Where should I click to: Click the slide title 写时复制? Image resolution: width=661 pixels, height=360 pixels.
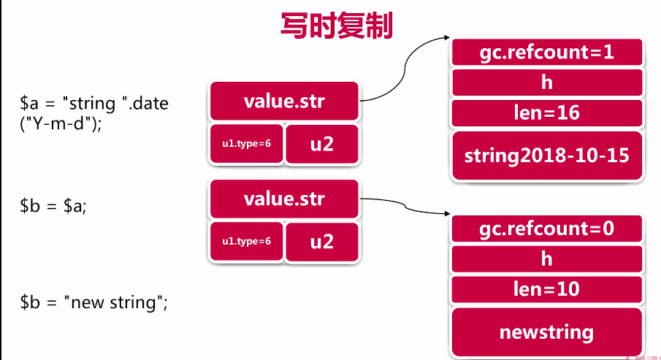pyautogui.click(x=337, y=26)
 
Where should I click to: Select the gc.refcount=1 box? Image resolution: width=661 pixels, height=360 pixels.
pyautogui.click(x=546, y=52)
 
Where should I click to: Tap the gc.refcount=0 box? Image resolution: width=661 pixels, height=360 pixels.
pyautogui.click(x=546, y=229)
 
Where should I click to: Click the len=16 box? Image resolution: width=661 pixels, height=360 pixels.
pyautogui.click(x=546, y=113)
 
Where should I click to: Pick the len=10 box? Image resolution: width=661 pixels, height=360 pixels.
pyautogui.click(x=546, y=289)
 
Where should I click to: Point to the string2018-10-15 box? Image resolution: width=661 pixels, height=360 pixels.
pyautogui.click(x=546, y=156)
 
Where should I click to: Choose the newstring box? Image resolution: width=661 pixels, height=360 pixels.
pyautogui.click(x=546, y=333)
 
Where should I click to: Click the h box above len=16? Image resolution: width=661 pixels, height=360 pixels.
pyautogui.click(x=546, y=83)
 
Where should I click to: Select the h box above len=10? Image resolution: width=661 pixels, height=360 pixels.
pyautogui.click(x=546, y=259)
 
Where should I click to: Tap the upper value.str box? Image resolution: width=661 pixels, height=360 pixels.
pyautogui.click(x=284, y=101)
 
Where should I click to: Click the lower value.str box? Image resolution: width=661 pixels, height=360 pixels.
pyautogui.click(x=284, y=199)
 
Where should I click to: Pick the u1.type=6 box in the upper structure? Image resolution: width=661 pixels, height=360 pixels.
pyautogui.click(x=246, y=144)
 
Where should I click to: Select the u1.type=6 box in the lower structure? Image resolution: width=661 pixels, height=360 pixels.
pyautogui.click(x=246, y=242)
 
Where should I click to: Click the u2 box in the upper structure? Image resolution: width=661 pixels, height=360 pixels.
pyautogui.click(x=321, y=144)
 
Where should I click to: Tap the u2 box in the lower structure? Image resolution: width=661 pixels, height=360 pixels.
pyautogui.click(x=321, y=242)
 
